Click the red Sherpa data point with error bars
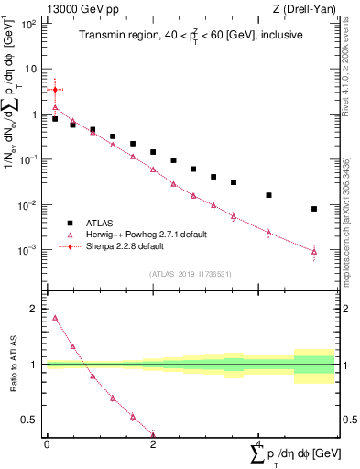coord(55,90)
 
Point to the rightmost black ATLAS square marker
coord(314,209)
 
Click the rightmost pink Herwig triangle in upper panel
coord(314,251)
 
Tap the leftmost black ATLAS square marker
coord(55,119)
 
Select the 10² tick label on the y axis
coord(29,24)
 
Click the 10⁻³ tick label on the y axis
coord(29,249)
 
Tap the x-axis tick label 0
coord(47,443)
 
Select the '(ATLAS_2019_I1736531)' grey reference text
coord(191,272)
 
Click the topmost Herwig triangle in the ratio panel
coord(55,318)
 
